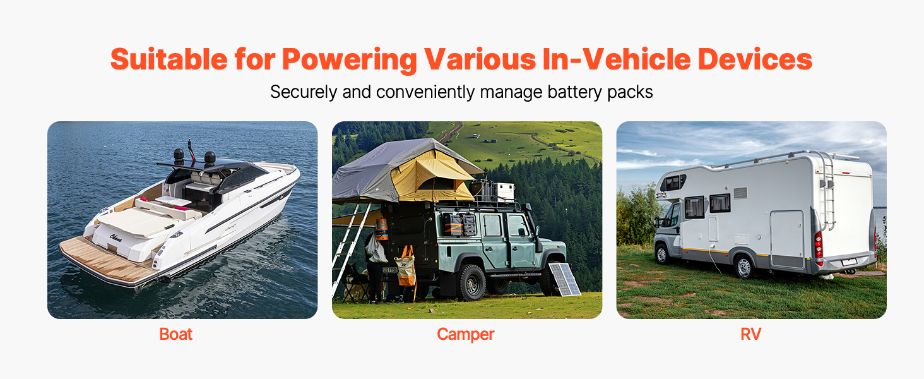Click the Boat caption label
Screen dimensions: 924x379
point(175,334)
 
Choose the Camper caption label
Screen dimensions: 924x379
point(465,334)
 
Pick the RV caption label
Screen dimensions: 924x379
point(751,334)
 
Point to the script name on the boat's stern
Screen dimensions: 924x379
point(115,238)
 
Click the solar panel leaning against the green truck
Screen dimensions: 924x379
point(564,279)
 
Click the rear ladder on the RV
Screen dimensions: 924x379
point(827,190)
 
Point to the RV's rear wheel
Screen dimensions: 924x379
point(743,267)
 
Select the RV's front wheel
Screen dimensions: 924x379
point(661,255)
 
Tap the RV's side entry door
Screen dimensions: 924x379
point(787,239)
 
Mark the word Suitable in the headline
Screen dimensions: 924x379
point(169,59)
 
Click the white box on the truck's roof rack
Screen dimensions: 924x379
point(504,191)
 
